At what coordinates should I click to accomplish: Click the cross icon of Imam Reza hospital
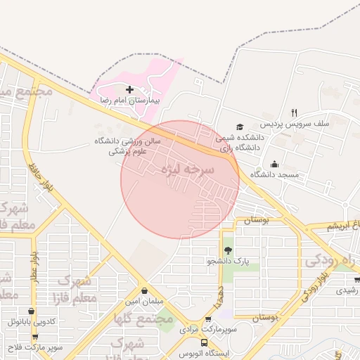pos(129,89)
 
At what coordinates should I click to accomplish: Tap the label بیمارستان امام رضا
pos(129,101)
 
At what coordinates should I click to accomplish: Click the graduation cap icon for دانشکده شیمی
pos(240,127)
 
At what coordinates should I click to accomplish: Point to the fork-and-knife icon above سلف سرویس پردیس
pos(294,112)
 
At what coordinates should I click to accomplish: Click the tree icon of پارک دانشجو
pos(228,250)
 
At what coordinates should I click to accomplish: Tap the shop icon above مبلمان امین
pos(144,290)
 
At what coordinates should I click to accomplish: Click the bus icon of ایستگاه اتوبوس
pos(204,342)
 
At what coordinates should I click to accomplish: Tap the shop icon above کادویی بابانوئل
pos(30,311)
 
